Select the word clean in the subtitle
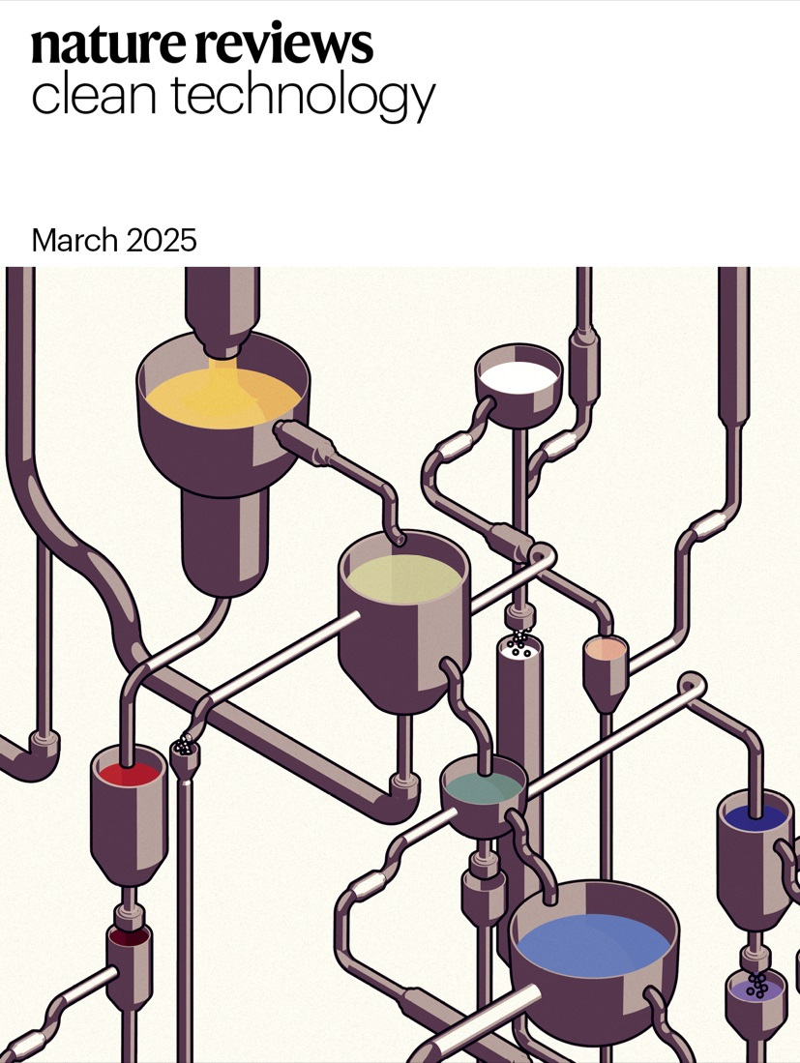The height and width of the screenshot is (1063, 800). tap(94, 94)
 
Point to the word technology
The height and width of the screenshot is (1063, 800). tap(302, 98)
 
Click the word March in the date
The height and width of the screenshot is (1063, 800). tap(74, 240)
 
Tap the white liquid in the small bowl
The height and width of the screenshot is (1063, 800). tap(519, 375)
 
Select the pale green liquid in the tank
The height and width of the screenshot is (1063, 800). tap(404, 578)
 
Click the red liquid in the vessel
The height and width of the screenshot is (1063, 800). tap(129, 773)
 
